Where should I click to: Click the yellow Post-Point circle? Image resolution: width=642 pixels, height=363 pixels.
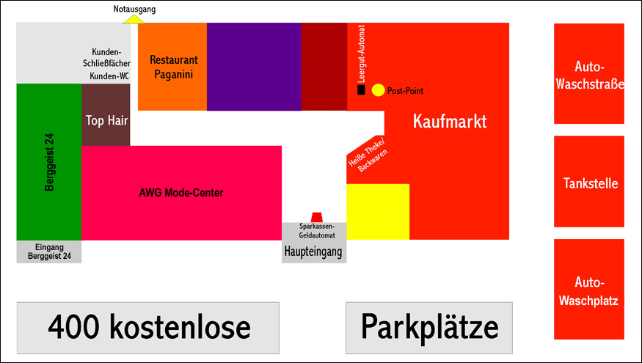[x=378, y=90]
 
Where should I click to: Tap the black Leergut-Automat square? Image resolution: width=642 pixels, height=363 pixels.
[x=361, y=90]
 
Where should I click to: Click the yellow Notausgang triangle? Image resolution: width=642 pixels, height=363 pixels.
[x=134, y=19]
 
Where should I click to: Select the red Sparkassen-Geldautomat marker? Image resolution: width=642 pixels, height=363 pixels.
[x=316, y=217]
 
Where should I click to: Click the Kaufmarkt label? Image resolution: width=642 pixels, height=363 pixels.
[x=450, y=122]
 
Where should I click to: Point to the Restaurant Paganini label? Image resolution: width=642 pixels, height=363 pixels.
[x=174, y=67]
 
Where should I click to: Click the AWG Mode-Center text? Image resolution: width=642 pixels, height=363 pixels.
[x=180, y=194]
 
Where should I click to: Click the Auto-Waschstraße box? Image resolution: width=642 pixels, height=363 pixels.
[x=589, y=74]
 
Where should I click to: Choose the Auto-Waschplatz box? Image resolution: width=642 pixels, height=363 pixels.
[x=589, y=290]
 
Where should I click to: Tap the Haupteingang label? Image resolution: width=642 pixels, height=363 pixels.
[x=314, y=252]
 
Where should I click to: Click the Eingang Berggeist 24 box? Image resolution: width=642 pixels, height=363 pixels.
[x=49, y=252]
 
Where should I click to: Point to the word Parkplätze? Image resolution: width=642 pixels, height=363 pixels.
[x=429, y=327]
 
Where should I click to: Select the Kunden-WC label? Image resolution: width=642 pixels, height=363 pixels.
[x=109, y=76]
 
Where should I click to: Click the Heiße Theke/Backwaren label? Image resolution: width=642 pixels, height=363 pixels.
[x=368, y=155]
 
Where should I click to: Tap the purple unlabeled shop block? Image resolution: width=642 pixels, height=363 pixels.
[x=254, y=67]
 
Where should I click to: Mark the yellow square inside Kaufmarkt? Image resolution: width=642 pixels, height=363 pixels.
[x=378, y=212]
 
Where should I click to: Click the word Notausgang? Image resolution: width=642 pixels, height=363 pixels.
[x=134, y=9]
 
